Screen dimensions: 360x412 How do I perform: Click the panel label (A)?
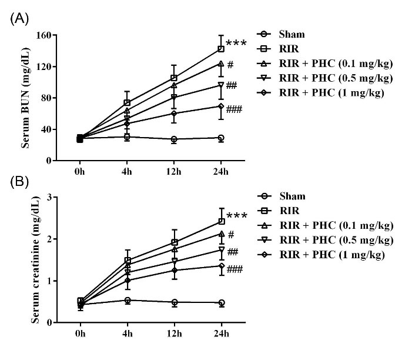[x=19, y=19]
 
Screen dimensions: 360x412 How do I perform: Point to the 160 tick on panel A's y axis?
[x=41, y=35]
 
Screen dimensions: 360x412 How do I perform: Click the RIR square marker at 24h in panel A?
[x=221, y=49]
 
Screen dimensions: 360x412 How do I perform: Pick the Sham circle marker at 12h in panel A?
[x=173, y=139]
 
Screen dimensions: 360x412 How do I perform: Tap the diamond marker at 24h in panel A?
[x=221, y=106]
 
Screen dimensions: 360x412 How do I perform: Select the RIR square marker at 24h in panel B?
[x=221, y=221]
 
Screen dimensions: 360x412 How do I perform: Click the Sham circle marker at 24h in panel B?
[x=221, y=303]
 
